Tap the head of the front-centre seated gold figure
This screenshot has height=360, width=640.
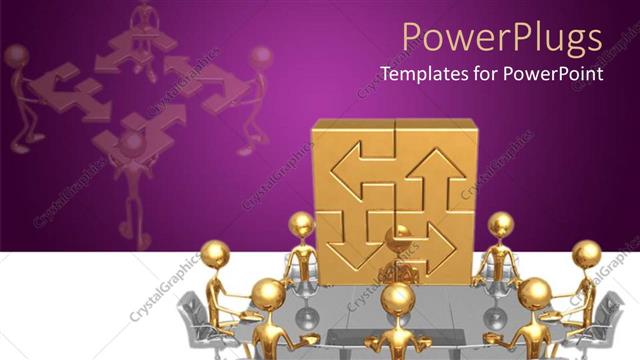[x=398, y=297]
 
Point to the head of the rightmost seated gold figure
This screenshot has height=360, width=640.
[x=587, y=254]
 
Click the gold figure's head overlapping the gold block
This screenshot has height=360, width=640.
[x=302, y=224]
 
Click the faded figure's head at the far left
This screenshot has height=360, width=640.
[x=16, y=56]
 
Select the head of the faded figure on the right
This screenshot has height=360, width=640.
[x=260, y=56]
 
